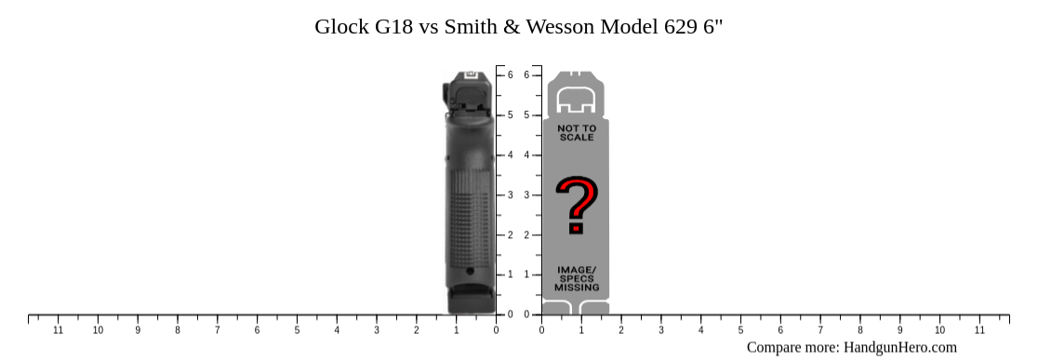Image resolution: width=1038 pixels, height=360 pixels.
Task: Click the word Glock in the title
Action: [x=340, y=26]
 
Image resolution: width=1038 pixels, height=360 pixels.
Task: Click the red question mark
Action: [x=576, y=206]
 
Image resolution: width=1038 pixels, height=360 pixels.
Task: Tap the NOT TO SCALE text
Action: [x=577, y=133]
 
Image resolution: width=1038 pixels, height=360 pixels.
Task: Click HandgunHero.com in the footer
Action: [x=899, y=348]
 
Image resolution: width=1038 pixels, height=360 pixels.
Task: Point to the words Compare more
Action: [x=792, y=348]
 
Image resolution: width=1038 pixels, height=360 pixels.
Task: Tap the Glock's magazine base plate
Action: [x=470, y=303]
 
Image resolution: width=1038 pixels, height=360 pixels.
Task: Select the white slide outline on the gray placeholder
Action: [x=577, y=100]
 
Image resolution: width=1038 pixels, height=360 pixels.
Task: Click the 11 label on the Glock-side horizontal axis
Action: [x=58, y=330]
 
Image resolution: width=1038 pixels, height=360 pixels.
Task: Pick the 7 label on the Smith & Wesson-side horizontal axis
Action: [x=820, y=330]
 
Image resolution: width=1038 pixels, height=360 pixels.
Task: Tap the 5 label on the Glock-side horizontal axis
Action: [x=297, y=330]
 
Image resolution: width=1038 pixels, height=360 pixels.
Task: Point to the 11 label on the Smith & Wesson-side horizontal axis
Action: [x=979, y=330]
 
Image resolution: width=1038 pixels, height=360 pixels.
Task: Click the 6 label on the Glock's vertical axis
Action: [x=511, y=74]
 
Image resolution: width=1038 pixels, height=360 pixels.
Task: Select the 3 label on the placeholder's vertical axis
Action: [x=526, y=194]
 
